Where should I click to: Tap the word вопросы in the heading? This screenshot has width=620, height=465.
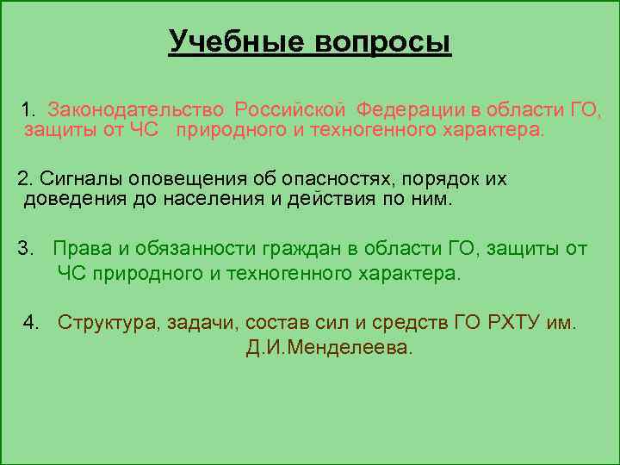point(378,41)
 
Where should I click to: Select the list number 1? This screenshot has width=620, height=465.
point(28,110)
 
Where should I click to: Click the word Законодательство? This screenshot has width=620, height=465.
point(137,110)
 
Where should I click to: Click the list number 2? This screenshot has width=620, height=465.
point(23,179)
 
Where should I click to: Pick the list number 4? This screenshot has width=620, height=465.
point(32,323)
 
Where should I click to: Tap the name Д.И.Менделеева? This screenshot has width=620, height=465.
point(324,349)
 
